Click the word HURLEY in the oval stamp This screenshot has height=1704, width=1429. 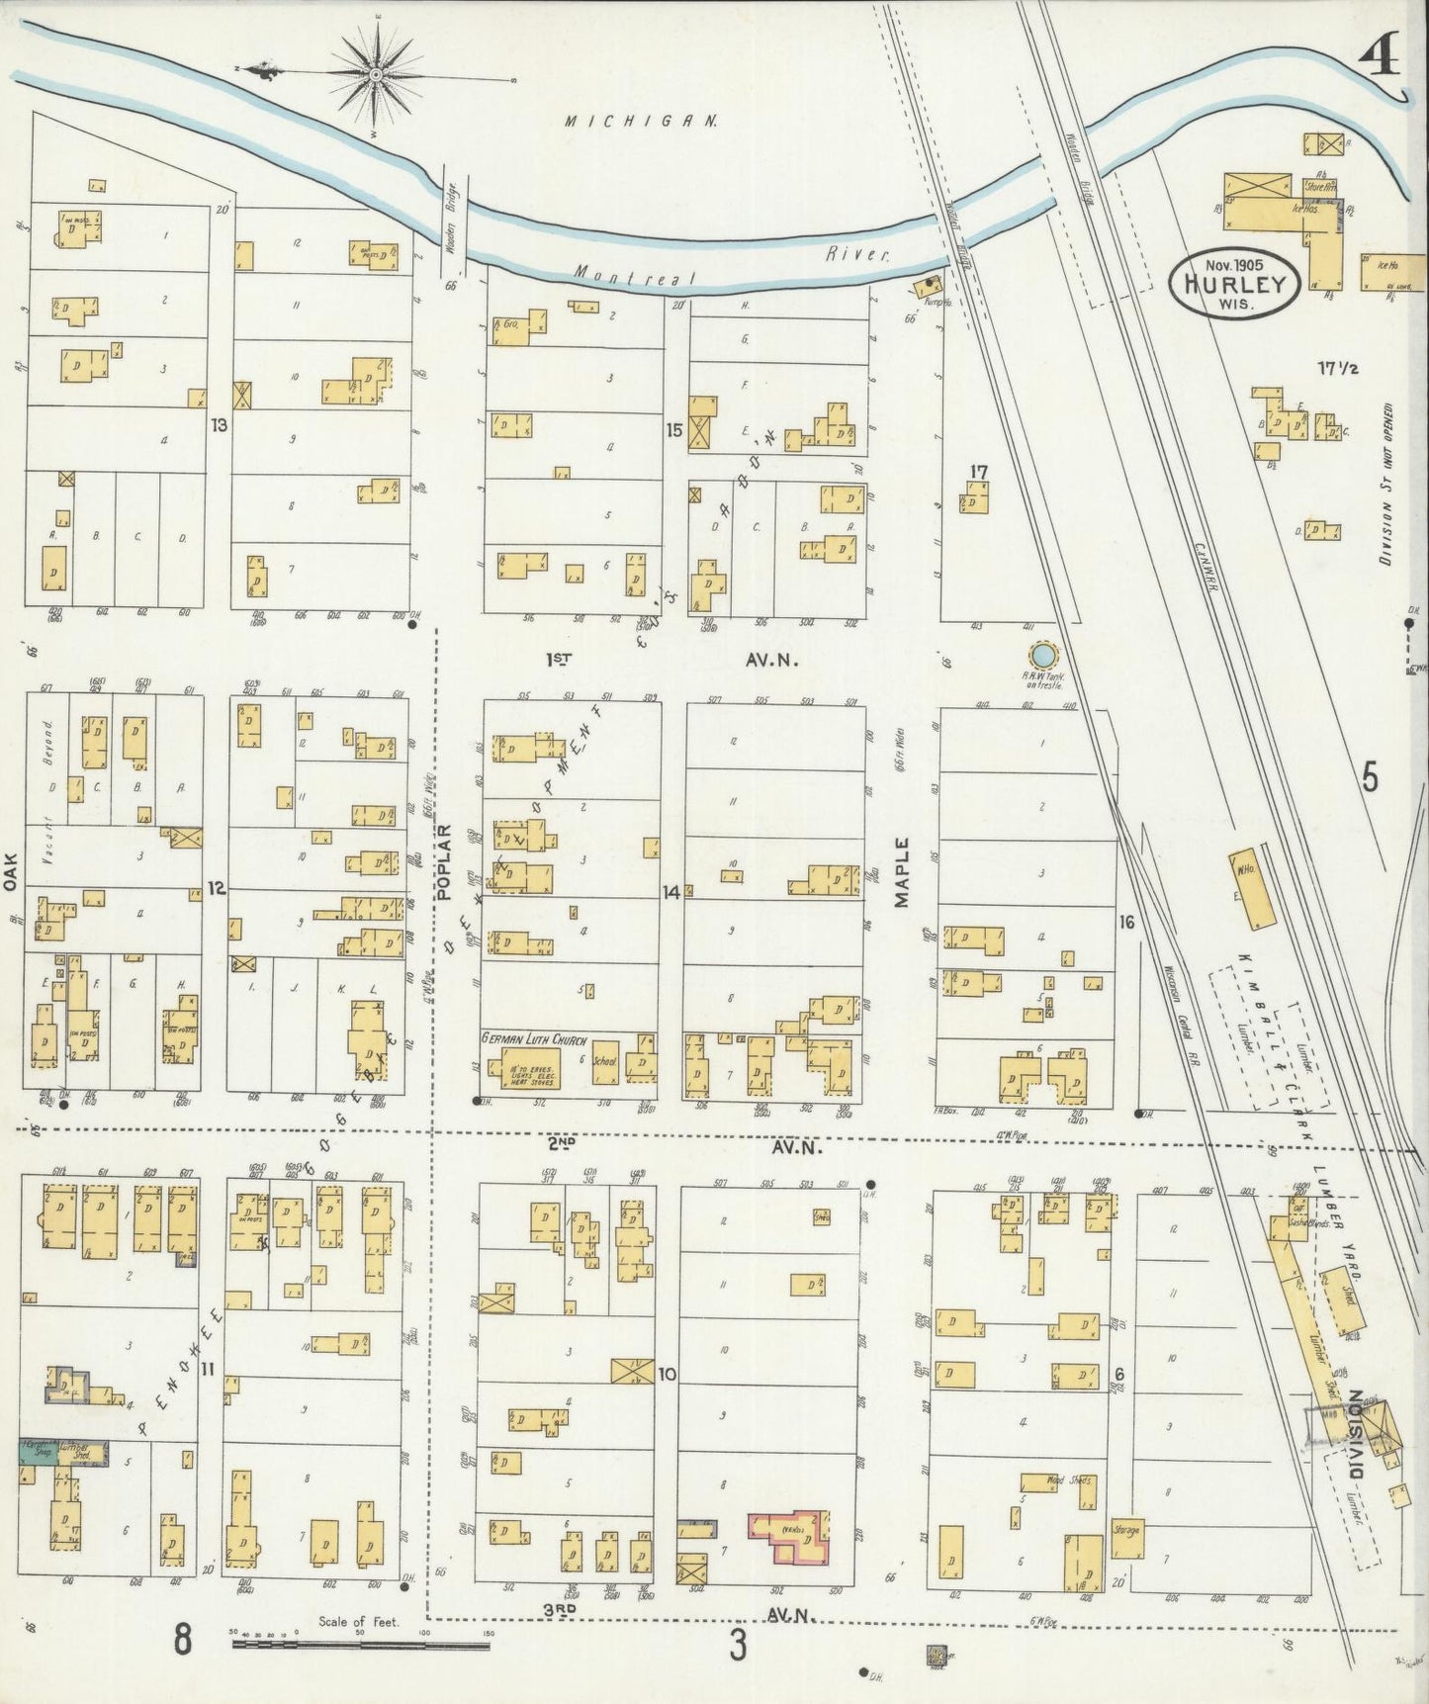[x=1232, y=285]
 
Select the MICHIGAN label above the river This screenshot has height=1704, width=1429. [x=641, y=121]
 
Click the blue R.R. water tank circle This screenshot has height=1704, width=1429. [x=1041, y=655]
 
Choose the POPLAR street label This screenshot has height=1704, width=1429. [x=442, y=861]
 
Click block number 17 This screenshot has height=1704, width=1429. [x=979, y=473]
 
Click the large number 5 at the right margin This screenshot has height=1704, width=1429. [x=1369, y=778]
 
